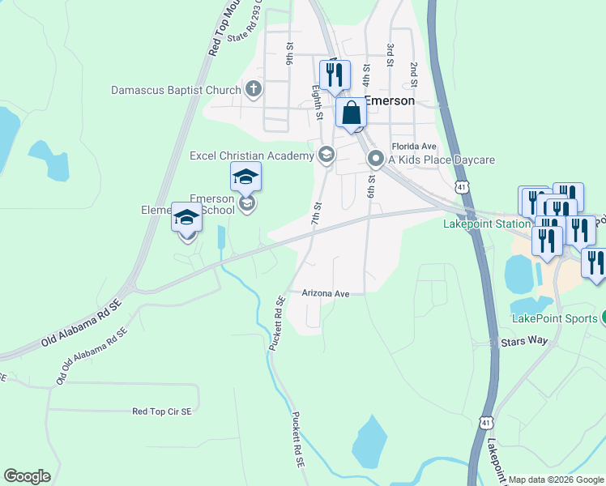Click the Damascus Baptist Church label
[x=176, y=90]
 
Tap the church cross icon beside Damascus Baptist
[x=254, y=89]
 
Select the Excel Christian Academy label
[x=251, y=156]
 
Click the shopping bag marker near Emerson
[x=352, y=113]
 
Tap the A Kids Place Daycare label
[x=441, y=160]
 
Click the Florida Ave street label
[x=414, y=147]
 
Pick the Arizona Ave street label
[x=325, y=293]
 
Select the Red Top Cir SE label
[x=162, y=411]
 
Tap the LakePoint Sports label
[x=554, y=318]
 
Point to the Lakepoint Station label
[x=476, y=224]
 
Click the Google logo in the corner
[x=27, y=476]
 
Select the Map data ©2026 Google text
[x=556, y=480]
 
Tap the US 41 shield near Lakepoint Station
[x=461, y=187]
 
